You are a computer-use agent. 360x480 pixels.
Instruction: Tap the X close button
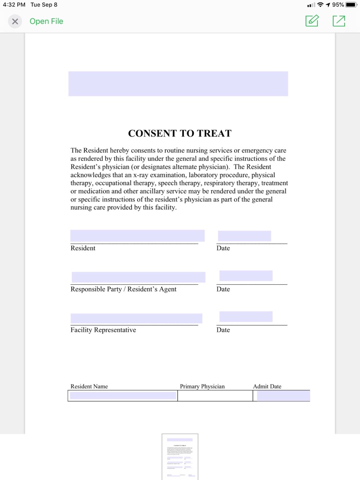(15, 22)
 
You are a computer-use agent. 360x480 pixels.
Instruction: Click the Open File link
(46, 22)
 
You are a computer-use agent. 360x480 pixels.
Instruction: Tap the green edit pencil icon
(312, 21)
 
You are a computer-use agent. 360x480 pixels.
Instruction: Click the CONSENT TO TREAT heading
(180, 133)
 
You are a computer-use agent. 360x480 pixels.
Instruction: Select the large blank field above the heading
(178, 84)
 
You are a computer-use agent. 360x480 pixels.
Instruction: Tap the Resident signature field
(138, 236)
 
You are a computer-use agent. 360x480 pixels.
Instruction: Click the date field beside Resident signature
(244, 236)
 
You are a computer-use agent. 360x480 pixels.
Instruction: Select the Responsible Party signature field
(139, 277)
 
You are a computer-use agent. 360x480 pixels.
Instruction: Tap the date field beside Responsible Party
(246, 276)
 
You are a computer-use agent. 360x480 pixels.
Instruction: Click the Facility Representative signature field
(136, 318)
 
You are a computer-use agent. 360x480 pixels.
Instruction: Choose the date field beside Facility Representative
(246, 317)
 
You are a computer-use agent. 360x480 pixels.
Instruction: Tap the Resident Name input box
(123, 396)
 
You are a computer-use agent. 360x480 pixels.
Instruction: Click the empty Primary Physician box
(215, 396)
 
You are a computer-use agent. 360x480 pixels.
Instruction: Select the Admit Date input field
(283, 396)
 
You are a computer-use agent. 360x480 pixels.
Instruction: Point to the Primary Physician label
(202, 386)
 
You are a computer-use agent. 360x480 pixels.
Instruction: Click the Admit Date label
(267, 386)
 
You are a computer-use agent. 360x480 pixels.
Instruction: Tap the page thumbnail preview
(180, 457)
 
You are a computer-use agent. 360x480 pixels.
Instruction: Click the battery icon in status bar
(351, 5)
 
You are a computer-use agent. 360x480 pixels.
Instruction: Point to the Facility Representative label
(103, 330)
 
